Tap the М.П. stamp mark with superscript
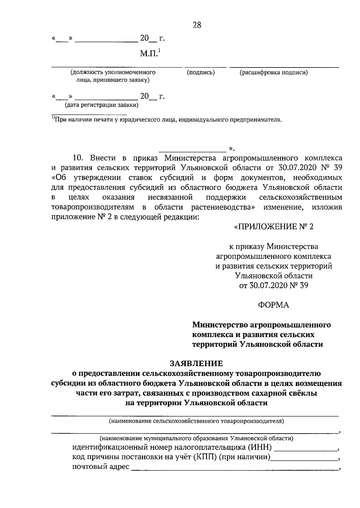(150, 54)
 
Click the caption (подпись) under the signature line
(201, 72)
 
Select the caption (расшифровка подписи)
(274, 72)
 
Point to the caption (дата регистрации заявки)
(102, 105)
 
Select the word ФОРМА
(273, 305)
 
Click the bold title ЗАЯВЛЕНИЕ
(196, 363)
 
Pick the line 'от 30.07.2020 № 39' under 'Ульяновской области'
(273, 285)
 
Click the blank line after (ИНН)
(305, 450)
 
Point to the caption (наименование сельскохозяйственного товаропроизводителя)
(196, 421)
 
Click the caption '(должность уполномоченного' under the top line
(113, 72)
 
